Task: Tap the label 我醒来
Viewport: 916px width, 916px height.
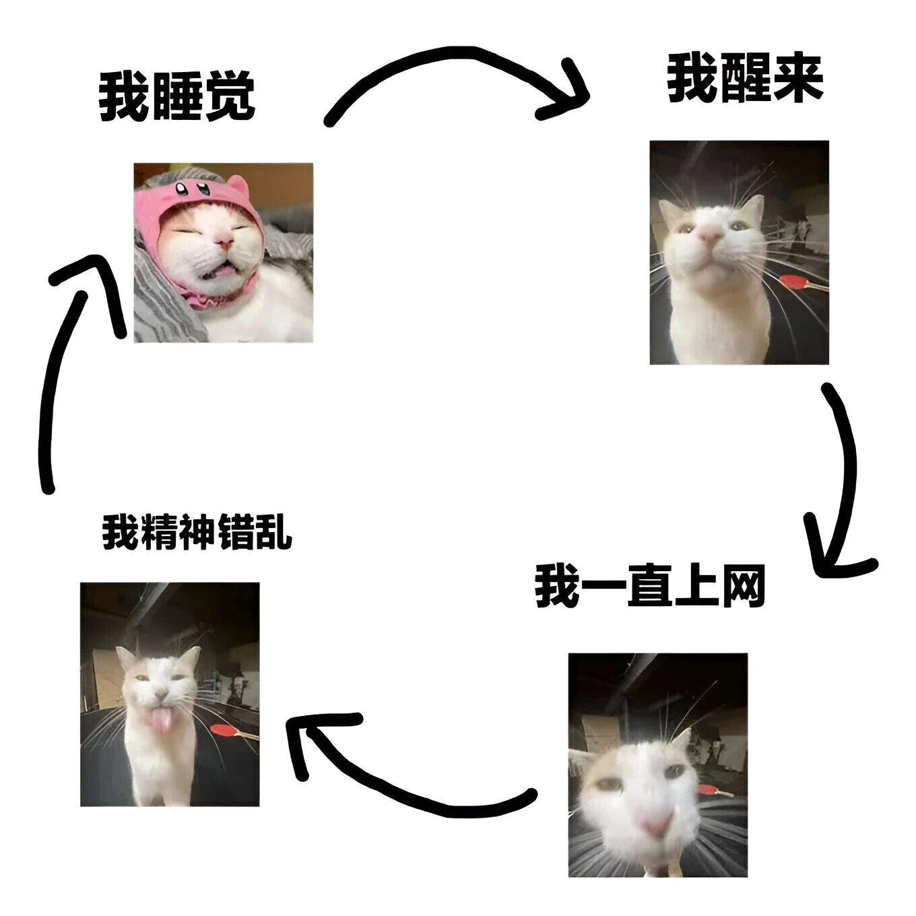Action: coord(746,78)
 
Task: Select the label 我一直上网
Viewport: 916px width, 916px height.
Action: coord(651,585)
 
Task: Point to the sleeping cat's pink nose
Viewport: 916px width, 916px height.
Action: coord(224,243)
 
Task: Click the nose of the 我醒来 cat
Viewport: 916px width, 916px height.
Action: coord(710,235)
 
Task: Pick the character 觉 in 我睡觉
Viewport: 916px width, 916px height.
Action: coord(230,98)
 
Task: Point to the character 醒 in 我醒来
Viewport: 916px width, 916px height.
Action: coord(746,78)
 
